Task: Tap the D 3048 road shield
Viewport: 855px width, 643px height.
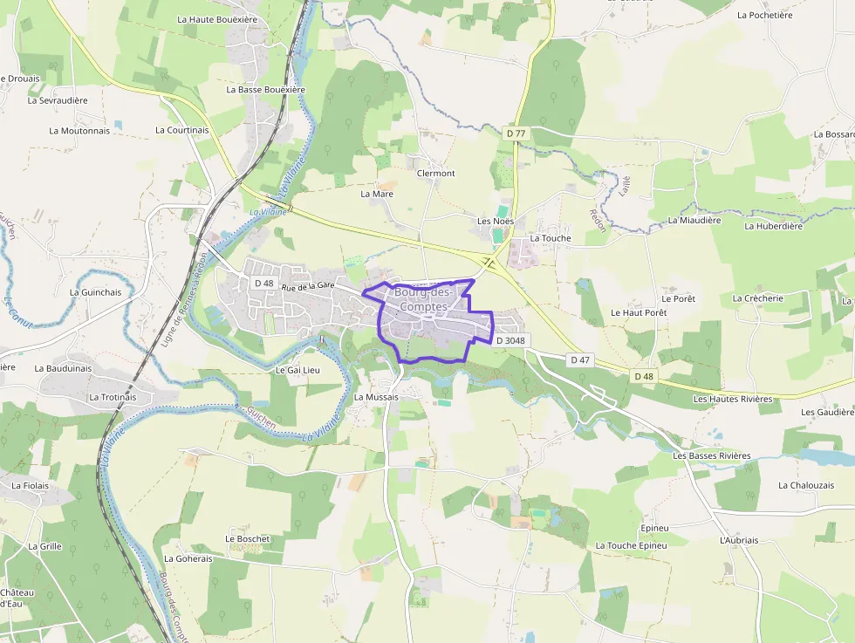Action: click(511, 340)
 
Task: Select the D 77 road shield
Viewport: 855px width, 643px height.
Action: click(516, 133)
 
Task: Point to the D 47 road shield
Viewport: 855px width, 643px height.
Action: click(580, 359)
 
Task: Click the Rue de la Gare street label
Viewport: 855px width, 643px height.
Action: click(308, 285)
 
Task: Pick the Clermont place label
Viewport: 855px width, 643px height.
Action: click(436, 173)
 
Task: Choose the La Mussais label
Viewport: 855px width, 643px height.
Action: click(376, 396)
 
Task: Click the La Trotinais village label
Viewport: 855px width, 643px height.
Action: click(113, 396)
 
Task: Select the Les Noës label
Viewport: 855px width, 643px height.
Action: click(496, 221)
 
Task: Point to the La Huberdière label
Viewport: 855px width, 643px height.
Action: click(773, 226)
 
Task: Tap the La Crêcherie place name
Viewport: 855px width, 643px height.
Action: click(758, 298)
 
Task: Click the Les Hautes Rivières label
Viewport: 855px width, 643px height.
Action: click(733, 399)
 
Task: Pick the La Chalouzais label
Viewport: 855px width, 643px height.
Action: click(806, 485)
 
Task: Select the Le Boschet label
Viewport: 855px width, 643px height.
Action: click(248, 538)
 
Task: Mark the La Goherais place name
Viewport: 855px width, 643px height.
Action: click(188, 558)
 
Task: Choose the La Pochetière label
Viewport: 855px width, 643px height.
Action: click(764, 15)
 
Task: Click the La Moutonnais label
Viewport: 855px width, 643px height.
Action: click(79, 131)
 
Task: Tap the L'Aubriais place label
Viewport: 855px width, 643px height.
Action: click(740, 540)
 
